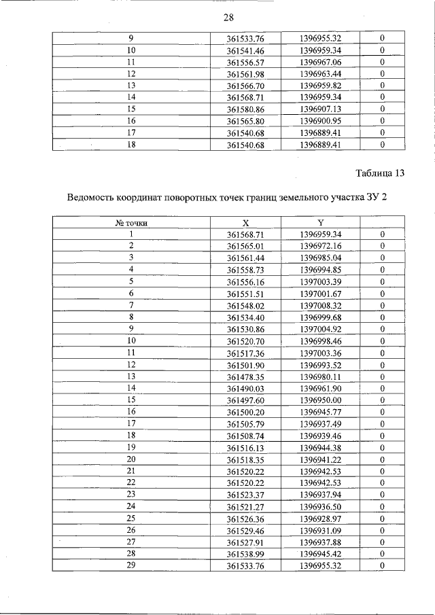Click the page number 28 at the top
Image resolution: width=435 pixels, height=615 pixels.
[x=228, y=18]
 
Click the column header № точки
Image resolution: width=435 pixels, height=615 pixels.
[x=131, y=222]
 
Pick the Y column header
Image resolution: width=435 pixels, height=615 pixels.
[x=320, y=222]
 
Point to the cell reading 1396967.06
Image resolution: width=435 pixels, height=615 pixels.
[x=320, y=62]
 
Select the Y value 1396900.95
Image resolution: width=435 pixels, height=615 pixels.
[x=320, y=120]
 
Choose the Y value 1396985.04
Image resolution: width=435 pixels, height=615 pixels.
[x=320, y=258]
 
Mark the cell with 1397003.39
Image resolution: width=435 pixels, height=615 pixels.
[x=320, y=281]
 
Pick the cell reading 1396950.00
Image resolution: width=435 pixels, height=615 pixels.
[x=320, y=400]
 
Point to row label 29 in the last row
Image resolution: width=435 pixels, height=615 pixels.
[x=131, y=565]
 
